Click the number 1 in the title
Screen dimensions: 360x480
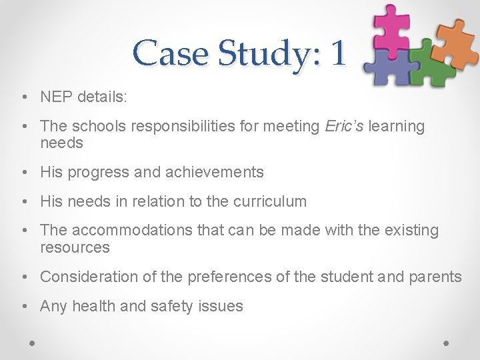click(x=338, y=53)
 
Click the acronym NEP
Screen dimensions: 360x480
click(x=57, y=97)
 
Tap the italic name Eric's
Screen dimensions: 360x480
click(x=343, y=126)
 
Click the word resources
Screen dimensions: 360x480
click(x=75, y=247)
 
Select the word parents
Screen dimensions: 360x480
click(x=435, y=277)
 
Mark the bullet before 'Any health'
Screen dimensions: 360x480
click(x=23, y=307)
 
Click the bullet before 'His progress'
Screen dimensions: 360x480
click(x=23, y=173)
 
